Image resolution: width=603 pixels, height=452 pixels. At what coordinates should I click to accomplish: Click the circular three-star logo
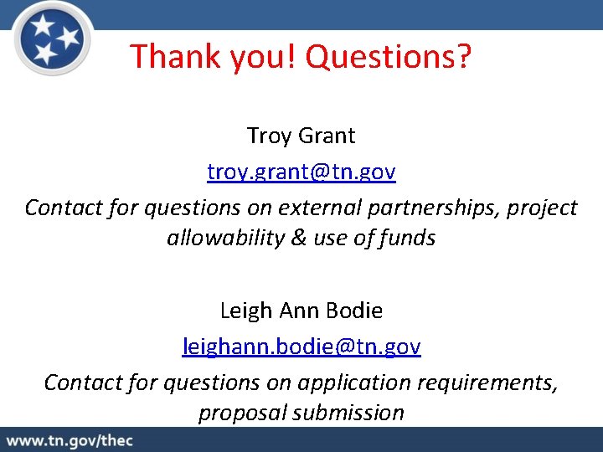pyautogui.click(x=53, y=39)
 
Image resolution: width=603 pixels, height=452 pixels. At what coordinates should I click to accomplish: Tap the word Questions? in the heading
pyautogui.click(x=389, y=57)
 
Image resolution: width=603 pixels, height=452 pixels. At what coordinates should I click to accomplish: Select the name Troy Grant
pyautogui.click(x=301, y=135)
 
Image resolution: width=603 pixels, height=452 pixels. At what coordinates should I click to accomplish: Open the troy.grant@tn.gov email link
pyautogui.click(x=301, y=172)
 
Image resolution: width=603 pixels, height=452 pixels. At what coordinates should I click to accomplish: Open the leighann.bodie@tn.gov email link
pyautogui.click(x=301, y=346)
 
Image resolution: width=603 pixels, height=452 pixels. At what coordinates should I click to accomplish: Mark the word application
pyautogui.click(x=358, y=383)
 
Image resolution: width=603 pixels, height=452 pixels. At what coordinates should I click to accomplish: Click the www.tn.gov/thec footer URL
pyautogui.click(x=70, y=440)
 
